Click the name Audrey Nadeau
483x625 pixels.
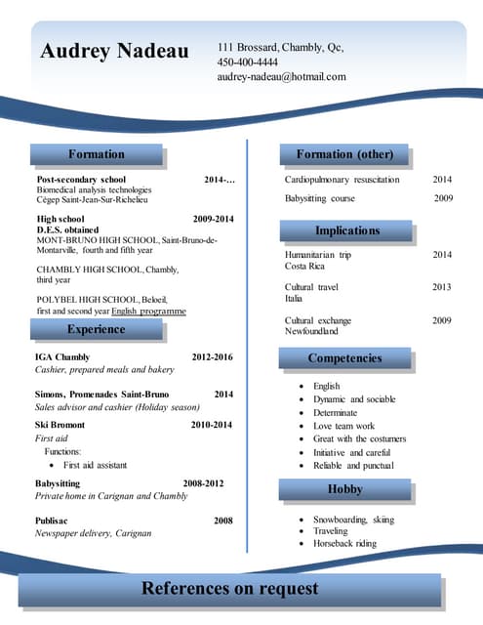[114, 51]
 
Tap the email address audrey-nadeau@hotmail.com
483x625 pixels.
[281, 76]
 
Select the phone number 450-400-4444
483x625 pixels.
[247, 62]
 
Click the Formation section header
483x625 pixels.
[97, 154]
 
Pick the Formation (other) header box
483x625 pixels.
[344, 154]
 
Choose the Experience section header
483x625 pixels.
[97, 330]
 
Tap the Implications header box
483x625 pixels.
[346, 230]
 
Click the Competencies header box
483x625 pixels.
[344, 358]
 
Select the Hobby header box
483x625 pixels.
[344, 488]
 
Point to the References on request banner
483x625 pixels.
[229, 588]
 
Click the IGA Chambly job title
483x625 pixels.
[62, 357]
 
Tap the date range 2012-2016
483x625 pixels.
[212, 357]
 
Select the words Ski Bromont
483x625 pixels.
[60, 425]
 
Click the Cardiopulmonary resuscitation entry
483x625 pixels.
[342, 180]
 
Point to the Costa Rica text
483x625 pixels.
[304, 267]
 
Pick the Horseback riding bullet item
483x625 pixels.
[344, 544]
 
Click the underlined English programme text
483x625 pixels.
[148, 311]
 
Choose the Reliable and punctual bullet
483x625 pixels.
[353, 466]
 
